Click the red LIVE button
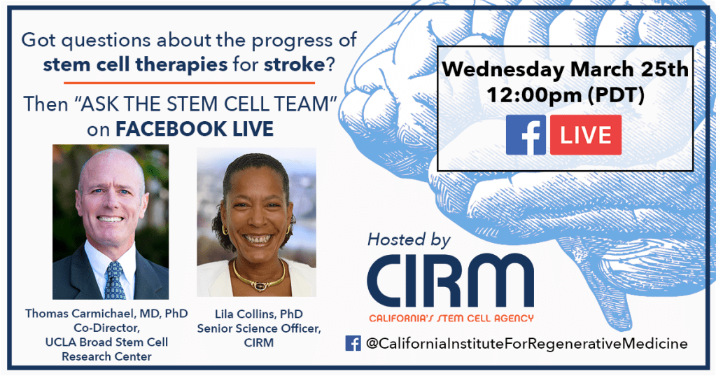(585, 134)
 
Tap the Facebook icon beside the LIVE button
(526, 134)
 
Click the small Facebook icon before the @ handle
(353, 343)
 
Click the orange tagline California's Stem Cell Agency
(451, 318)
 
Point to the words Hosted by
(409, 240)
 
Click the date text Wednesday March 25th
(566, 69)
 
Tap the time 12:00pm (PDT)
(566, 95)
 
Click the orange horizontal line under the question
(190, 83)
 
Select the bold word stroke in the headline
(294, 64)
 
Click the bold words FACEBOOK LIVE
(195, 130)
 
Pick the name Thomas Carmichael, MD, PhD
(106, 314)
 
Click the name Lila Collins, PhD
(259, 314)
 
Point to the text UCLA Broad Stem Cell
(106, 342)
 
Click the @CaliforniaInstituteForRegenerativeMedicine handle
(526, 344)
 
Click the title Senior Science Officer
(259, 328)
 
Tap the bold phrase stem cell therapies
(135, 64)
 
